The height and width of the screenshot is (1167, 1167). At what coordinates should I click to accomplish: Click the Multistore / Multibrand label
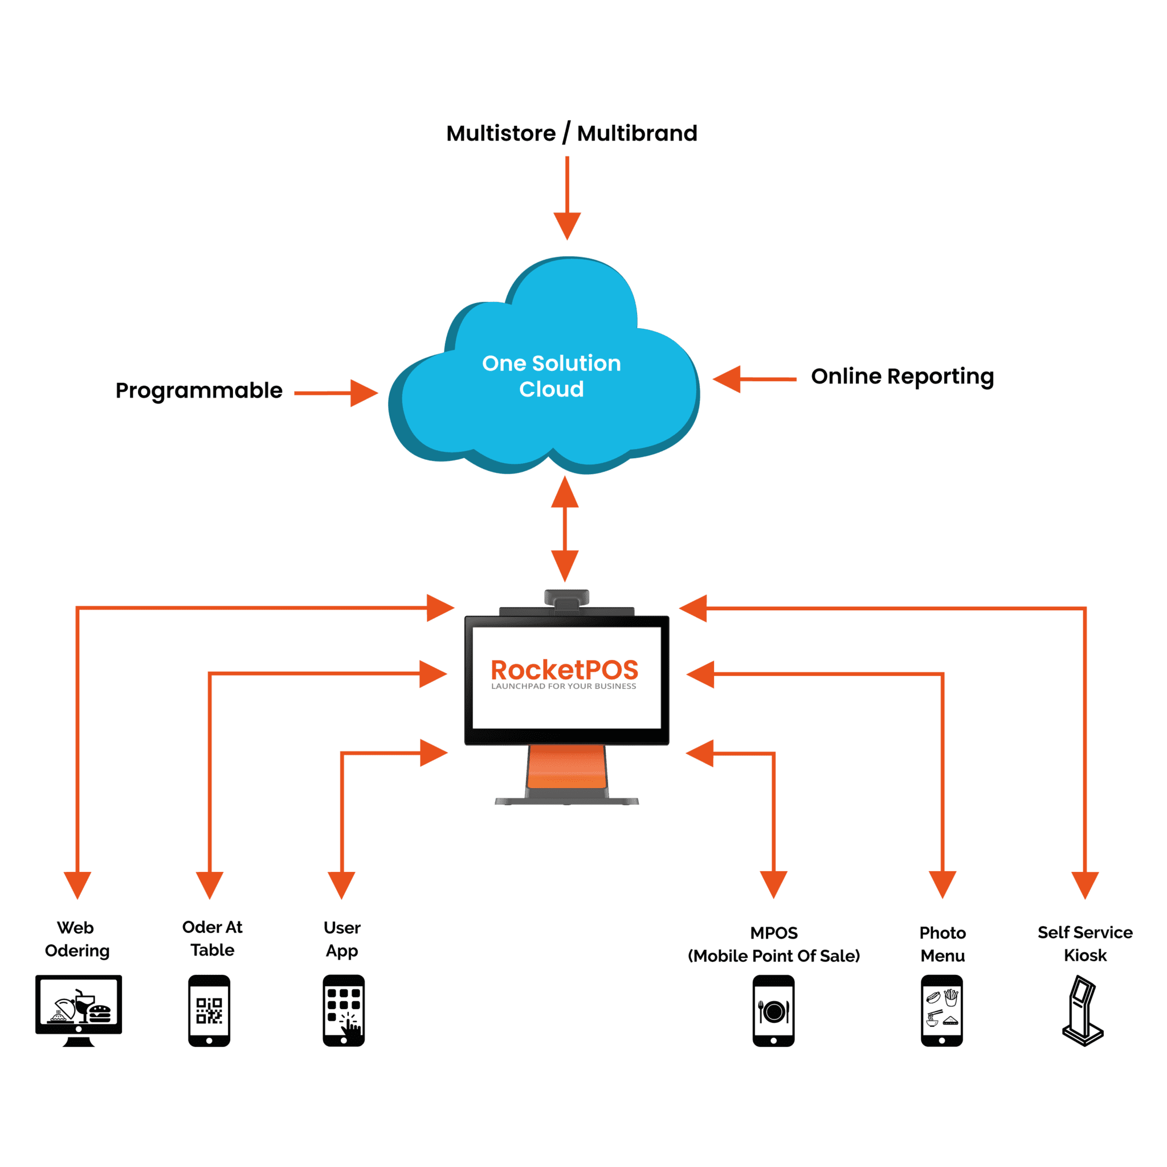click(572, 133)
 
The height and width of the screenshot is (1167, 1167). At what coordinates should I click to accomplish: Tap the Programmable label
click(199, 391)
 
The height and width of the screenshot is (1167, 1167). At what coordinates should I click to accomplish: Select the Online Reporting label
click(902, 376)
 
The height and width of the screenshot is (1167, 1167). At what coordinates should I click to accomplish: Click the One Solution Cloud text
click(551, 376)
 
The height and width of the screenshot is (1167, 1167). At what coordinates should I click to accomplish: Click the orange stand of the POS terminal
click(566, 766)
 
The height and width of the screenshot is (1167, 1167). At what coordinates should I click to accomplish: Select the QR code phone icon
click(209, 1010)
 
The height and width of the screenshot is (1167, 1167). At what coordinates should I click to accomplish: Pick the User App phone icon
click(344, 1010)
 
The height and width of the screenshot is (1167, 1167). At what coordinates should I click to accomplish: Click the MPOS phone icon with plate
click(773, 1010)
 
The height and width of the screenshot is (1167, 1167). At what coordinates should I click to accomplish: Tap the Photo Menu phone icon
click(942, 1010)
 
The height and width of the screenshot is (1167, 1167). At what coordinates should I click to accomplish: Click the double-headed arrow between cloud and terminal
click(565, 529)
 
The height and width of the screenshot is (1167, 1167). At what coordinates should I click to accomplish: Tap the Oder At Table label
click(212, 939)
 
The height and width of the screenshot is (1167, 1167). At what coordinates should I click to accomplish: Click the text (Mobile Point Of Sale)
click(774, 956)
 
